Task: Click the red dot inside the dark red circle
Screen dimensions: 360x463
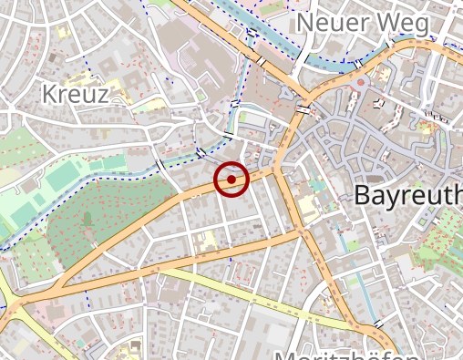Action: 231,180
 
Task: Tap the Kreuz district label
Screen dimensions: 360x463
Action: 76,94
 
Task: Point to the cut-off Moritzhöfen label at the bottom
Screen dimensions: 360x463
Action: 346,355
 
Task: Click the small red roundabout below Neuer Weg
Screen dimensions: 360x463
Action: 361,83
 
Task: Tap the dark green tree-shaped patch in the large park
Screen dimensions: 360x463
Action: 87,218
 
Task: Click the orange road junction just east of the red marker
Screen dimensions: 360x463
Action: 275,170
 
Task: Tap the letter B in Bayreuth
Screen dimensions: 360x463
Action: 362,194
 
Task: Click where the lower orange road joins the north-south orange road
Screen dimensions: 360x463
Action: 298,233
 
